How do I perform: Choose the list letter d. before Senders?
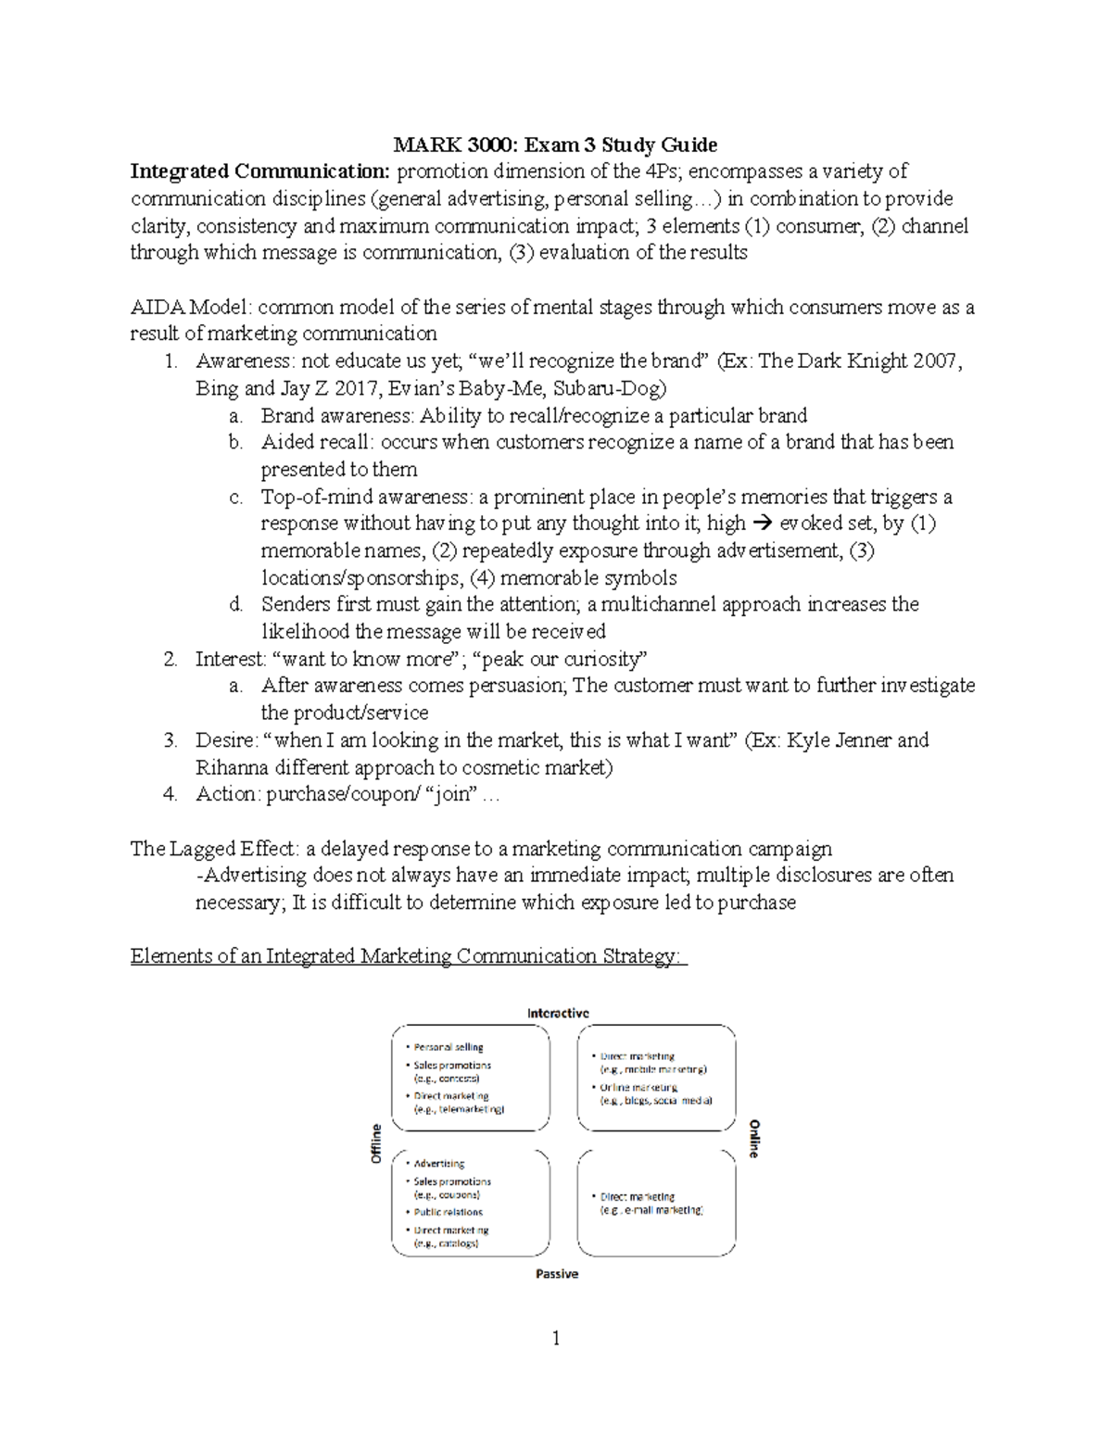[236, 605]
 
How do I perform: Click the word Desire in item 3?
[223, 740]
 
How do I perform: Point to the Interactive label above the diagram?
[558, 1013]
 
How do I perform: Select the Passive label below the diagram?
[557, 1274]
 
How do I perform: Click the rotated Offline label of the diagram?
[376, 1144]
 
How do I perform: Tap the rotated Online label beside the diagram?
[754, 1139]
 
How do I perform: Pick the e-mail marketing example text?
[651, 1210]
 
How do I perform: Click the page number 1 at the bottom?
[556, 1338]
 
